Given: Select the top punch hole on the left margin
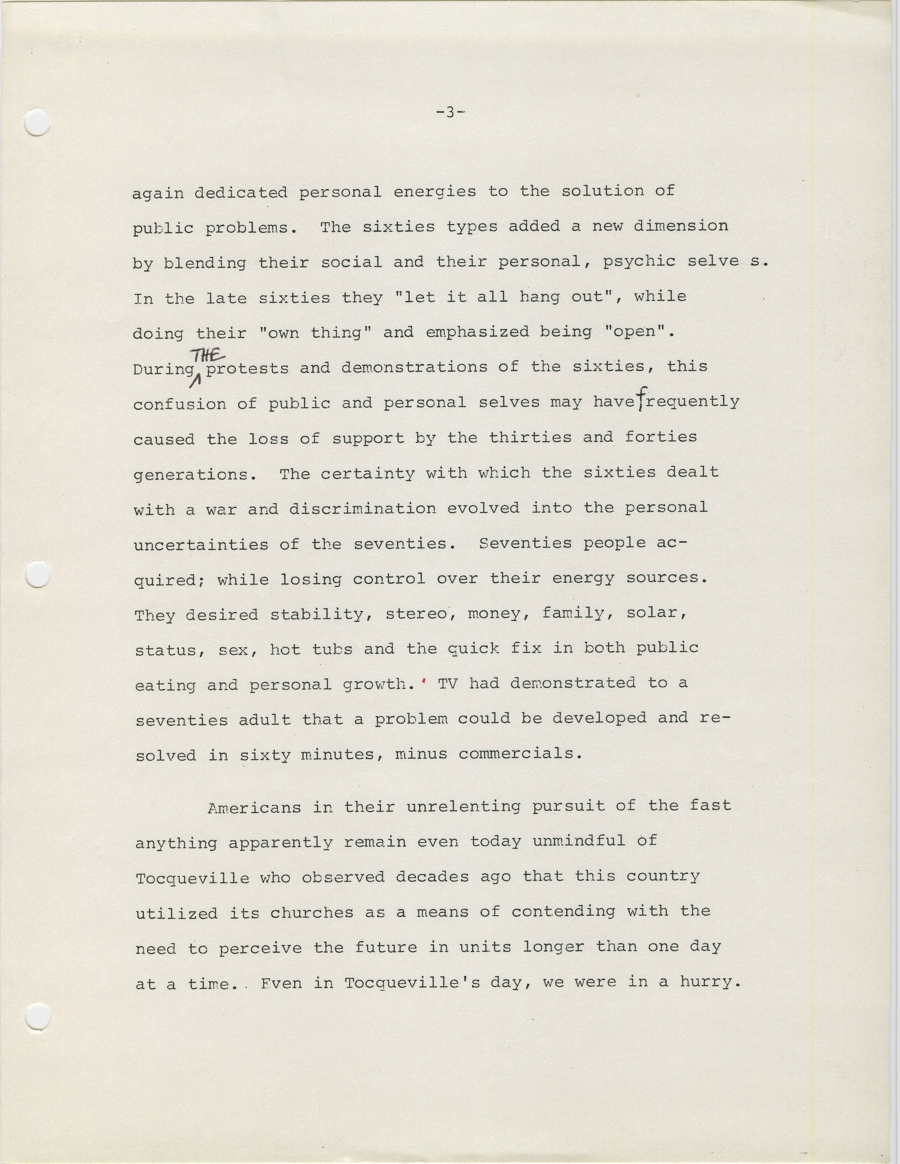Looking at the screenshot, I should pyautogui.click(x=37, y=122).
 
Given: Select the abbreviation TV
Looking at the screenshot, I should pyautogui.click(x=447, y=683).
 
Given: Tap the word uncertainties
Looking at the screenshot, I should pyautogui.click(x=201, y=545).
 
